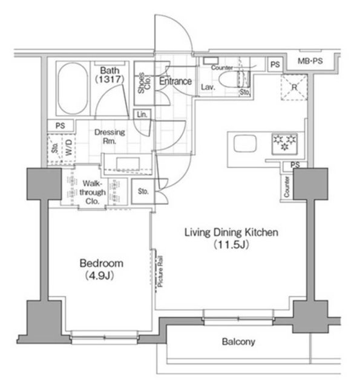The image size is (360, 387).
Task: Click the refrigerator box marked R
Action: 295,86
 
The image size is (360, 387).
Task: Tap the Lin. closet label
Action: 142,114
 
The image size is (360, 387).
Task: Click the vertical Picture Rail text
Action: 160,271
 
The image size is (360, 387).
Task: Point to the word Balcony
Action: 238,342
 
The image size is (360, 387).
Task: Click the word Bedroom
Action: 102,264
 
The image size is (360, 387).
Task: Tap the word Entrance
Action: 175,81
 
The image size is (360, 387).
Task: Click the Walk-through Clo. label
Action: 95,192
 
